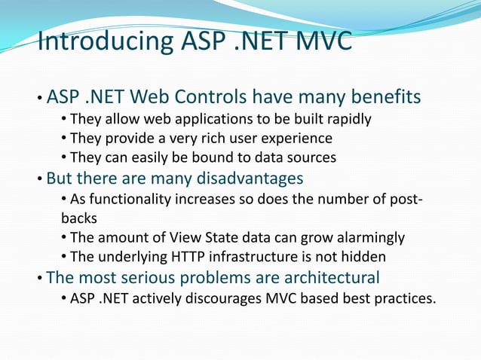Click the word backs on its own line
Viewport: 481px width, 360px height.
(x=78, y=218)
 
